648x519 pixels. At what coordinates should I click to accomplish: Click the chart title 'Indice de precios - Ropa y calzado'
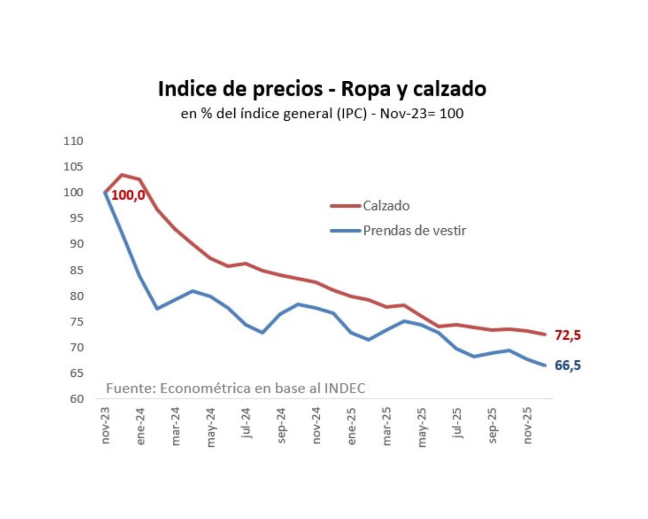[x=322, y=89]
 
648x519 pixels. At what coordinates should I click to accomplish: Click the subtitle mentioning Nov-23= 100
[x=322, y=114]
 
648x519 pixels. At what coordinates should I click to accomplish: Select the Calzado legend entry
[x=386, y=206]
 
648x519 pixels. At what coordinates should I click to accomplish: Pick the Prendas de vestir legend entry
[x=414, y=231]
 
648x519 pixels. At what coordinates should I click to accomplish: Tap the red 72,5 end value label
[x=567, y=335]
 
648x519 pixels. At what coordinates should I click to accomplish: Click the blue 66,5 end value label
[x=567, y=365]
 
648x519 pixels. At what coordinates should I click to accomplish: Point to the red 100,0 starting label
[x=128, y=196]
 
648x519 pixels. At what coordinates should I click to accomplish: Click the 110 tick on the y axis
[x=73, y=141]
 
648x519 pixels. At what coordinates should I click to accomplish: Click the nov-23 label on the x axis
[x=106, y=425]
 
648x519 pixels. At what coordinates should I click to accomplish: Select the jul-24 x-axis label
[x=246, y=423]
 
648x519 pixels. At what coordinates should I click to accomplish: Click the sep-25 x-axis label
[x=492, y=425]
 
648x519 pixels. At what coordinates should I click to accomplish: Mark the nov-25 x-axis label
[x=527, y=425]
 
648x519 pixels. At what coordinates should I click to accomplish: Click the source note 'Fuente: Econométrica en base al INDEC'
[x=235, y=388]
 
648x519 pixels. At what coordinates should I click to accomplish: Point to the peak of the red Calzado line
[x=122, y=174]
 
